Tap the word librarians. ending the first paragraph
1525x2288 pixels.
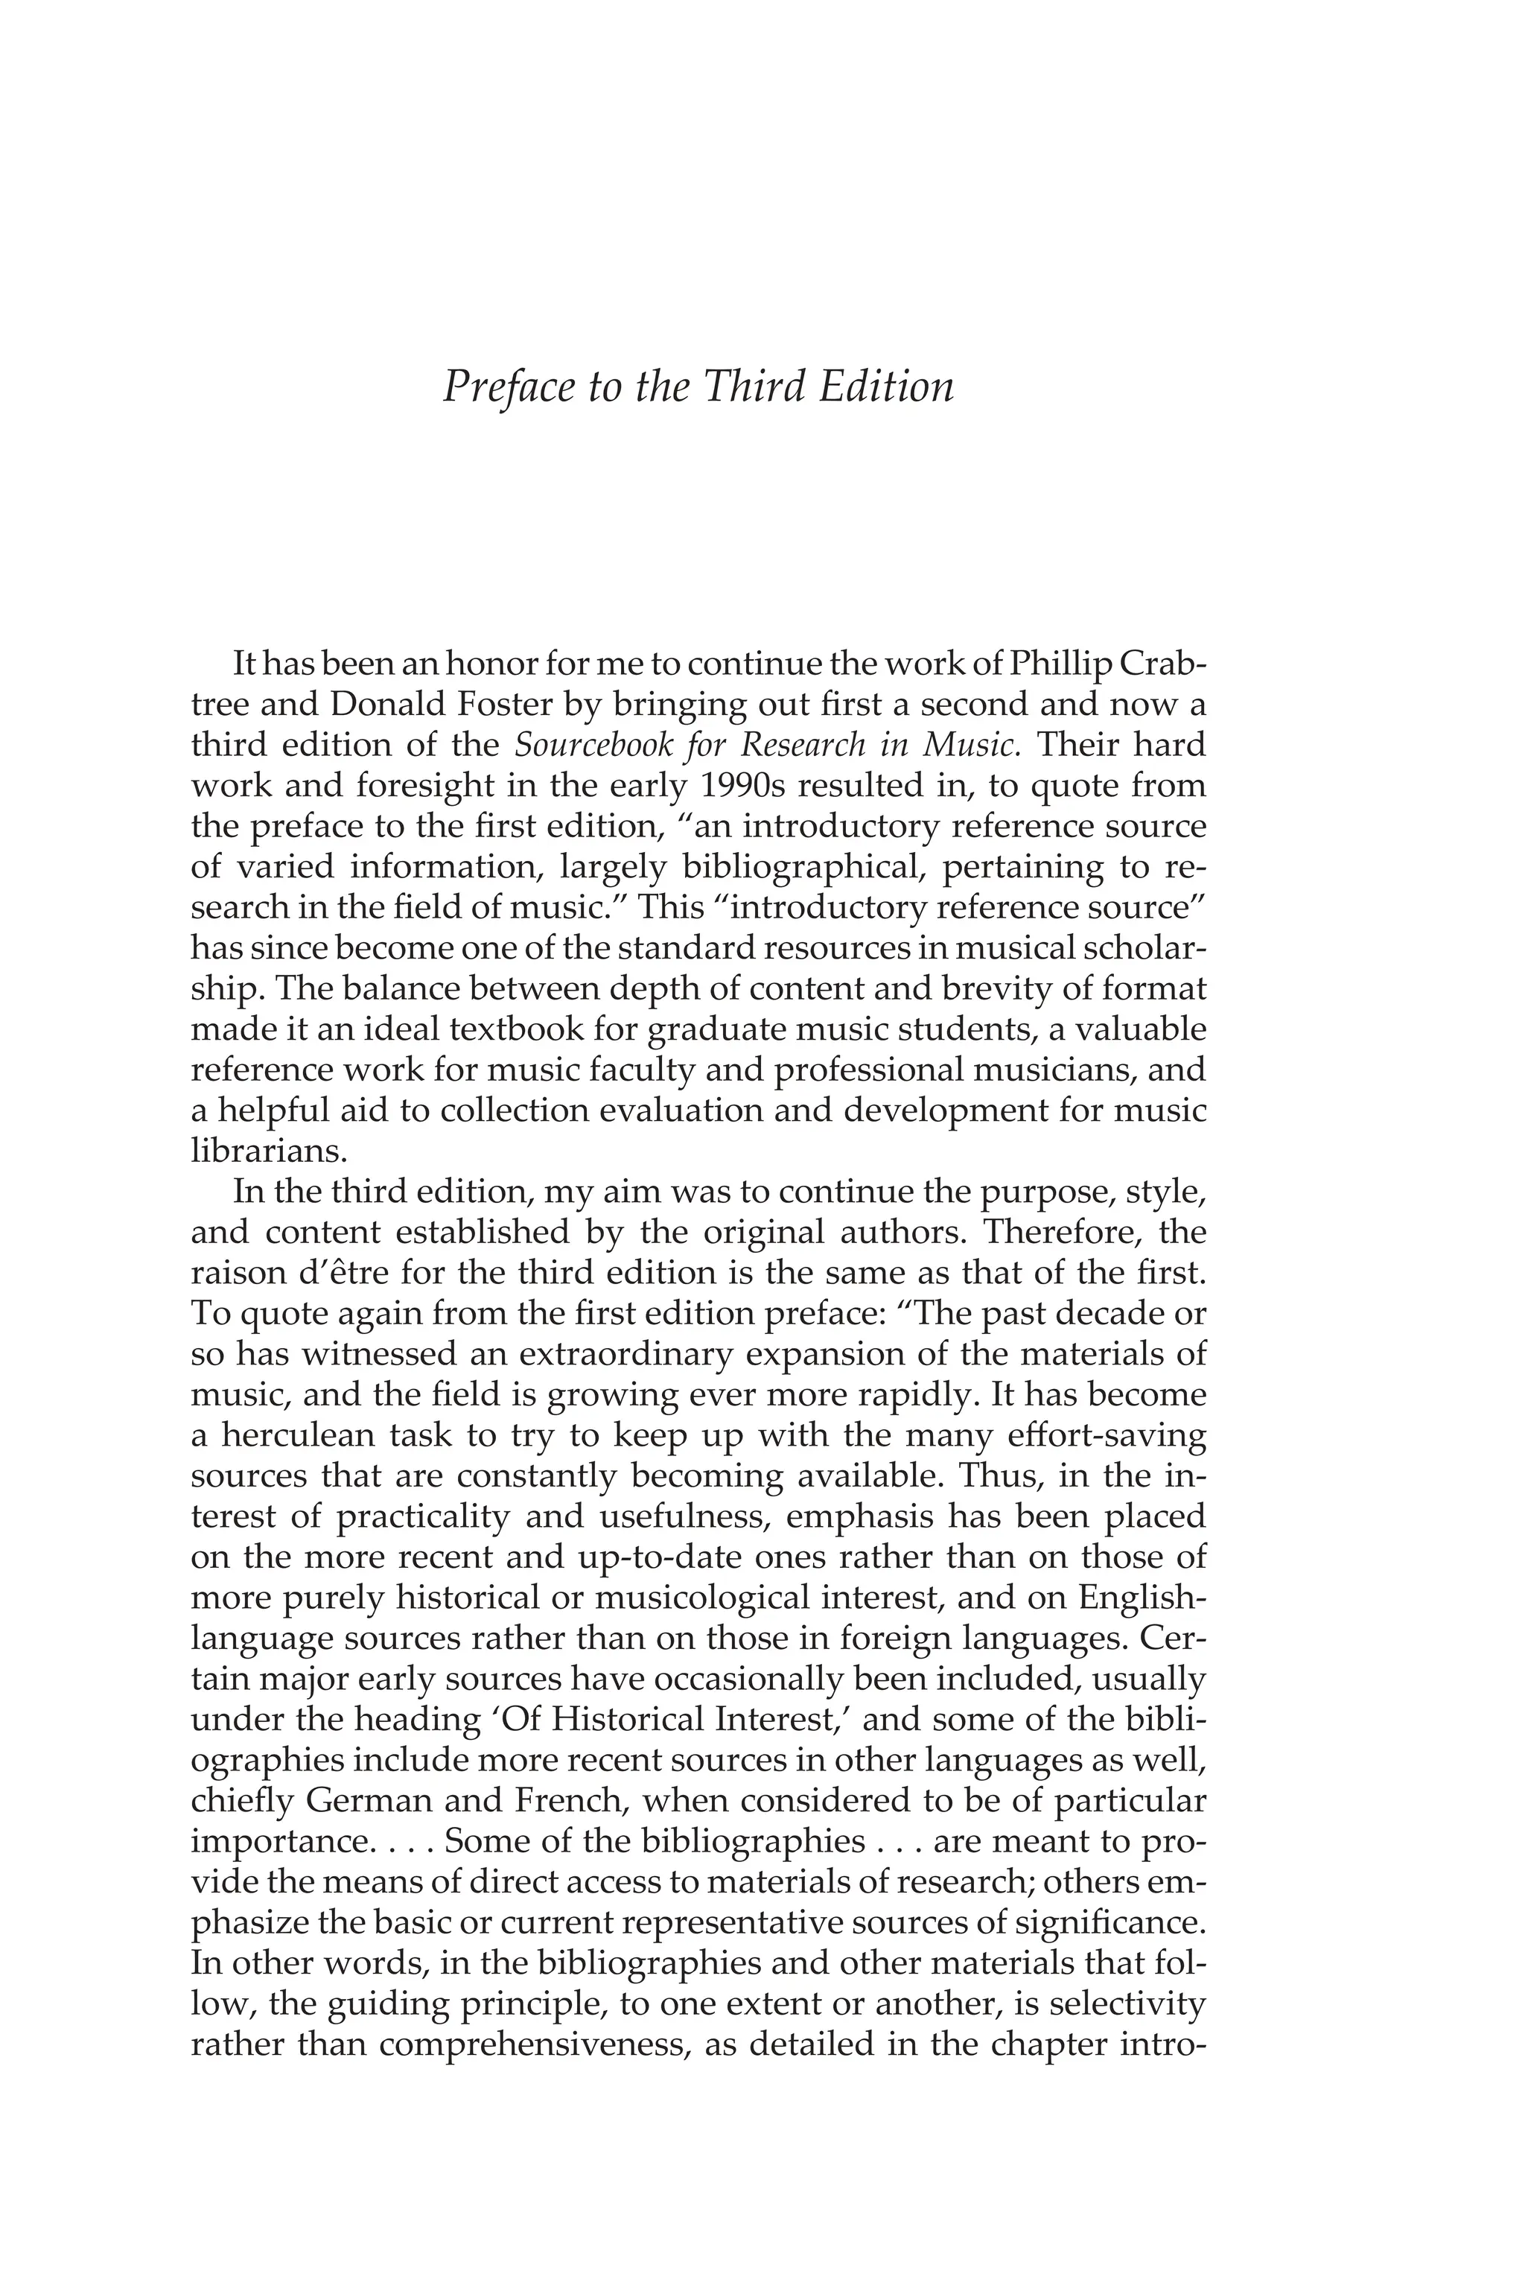tap(268, 1151)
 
